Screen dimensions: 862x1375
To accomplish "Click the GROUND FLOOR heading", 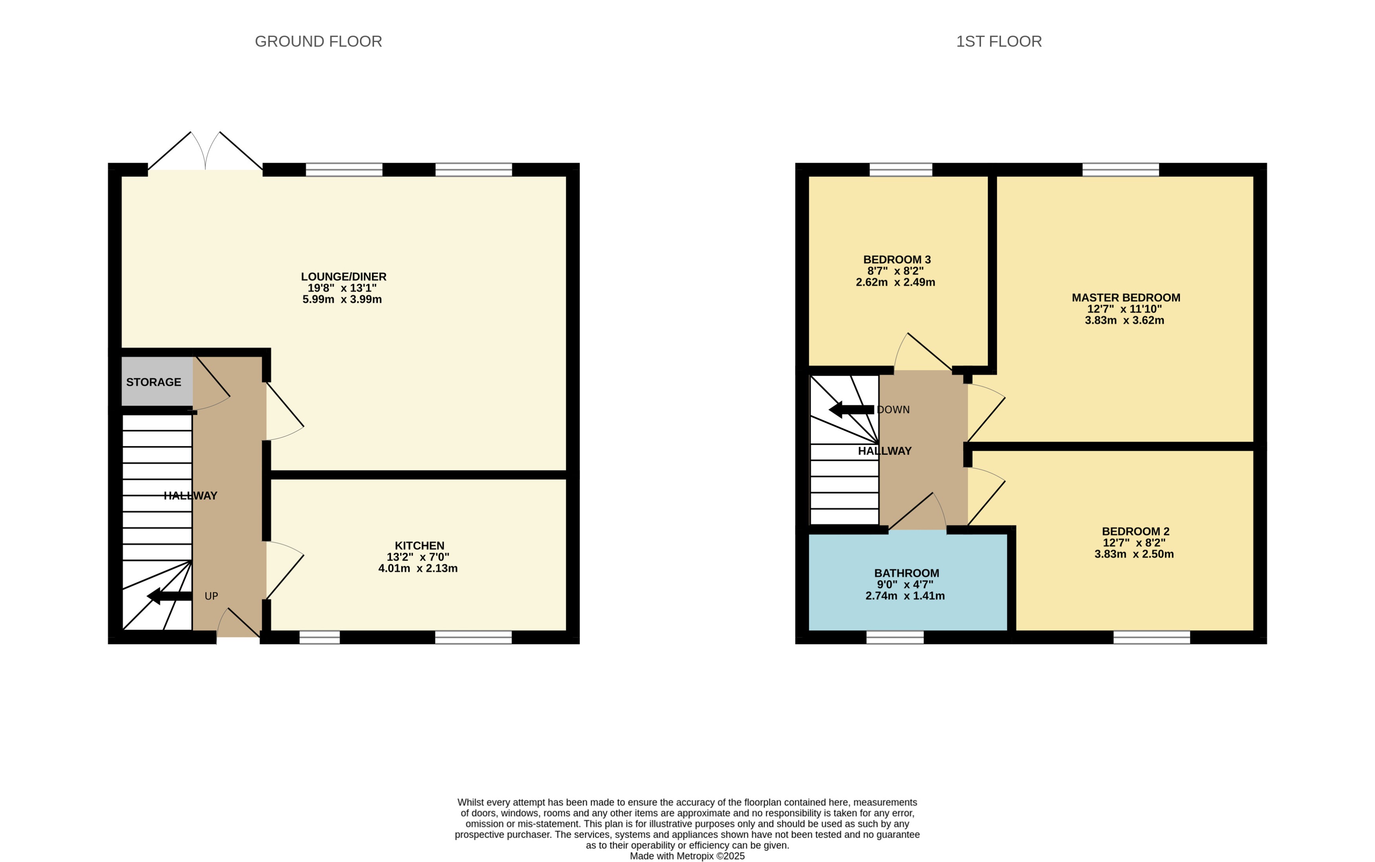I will pyautogui.click(x=318, y=42).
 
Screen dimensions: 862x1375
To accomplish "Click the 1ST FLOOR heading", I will pyautogui.click(x=998, y=42).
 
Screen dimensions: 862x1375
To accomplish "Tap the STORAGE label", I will pyautogui.click(x=153, y=382).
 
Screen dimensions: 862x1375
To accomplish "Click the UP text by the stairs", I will pyautogui.click(x=211, y=596).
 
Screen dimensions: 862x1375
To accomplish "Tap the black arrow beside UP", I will pyautogui.click(x=169, y=596).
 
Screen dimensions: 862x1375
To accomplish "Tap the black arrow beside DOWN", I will pyautogui.click(x=851, y=409).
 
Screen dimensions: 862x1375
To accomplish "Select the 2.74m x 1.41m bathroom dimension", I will pyautogui.click(x=905, y=596).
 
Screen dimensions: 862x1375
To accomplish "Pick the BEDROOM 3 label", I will pyautogui.click(x=897, y=259).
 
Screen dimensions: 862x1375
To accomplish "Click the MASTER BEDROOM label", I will pyautogui.click(x=1126, y=298).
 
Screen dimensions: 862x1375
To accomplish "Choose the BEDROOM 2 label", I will pyautogui.click(x=1135, y=531).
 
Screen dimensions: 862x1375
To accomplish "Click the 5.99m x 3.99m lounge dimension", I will pyautogui.click(x=342, y=299).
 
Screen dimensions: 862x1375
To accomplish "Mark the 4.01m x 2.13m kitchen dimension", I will pyautogui.click(x=418, y=568).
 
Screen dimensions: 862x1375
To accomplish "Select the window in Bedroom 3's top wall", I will pyautogui.click(x=900, y=169).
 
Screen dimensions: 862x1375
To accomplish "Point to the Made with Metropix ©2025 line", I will pyautogui.click(x=687, y=856).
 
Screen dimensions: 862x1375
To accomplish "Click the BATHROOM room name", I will pyautogui.click(x=906, y=573).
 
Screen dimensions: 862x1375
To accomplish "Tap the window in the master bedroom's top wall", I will pyautogui.click(x=1120, y=169).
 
